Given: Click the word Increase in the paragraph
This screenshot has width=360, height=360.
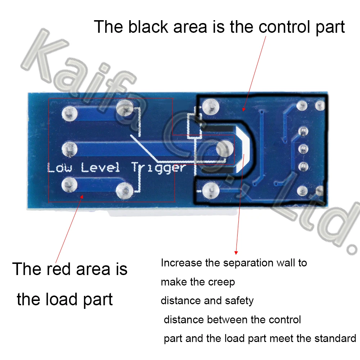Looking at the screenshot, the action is tap(181, 263).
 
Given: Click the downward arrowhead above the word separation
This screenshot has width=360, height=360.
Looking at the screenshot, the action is tap(236, 252).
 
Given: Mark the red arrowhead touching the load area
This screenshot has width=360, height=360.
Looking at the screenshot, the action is tap(82, 196).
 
